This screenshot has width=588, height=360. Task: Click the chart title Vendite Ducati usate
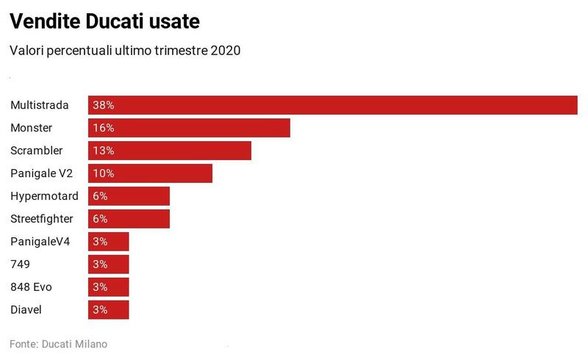[x=104, y=22]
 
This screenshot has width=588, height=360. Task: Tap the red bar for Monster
[x=189, y=128]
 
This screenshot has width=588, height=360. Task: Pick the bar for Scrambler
[x=170, y=151]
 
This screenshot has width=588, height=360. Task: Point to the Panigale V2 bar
[x=150, y=173]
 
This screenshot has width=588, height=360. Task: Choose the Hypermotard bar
[x=129, y=196]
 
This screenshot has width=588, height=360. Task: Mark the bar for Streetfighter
[x=129, y=219]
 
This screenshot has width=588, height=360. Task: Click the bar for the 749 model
[x=109, y=264]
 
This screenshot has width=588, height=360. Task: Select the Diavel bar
[x=109, y=309]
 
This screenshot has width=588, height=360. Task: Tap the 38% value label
[x=104, y=105]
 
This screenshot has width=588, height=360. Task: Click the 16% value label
[x=104, y=128]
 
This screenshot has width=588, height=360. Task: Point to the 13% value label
[x=104, y=151]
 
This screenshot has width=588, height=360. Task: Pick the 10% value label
[x=104, y=173]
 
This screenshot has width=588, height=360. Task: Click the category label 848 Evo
[x=31, y=287]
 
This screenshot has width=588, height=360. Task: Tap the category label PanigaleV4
[x=40, y=241]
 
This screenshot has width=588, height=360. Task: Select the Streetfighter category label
[x=42, y=219]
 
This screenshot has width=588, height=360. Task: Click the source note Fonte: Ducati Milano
[x=58, y=344]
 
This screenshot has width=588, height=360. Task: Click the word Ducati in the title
[x=118, y=22]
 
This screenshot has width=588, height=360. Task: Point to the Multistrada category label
[x=40, y=105]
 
